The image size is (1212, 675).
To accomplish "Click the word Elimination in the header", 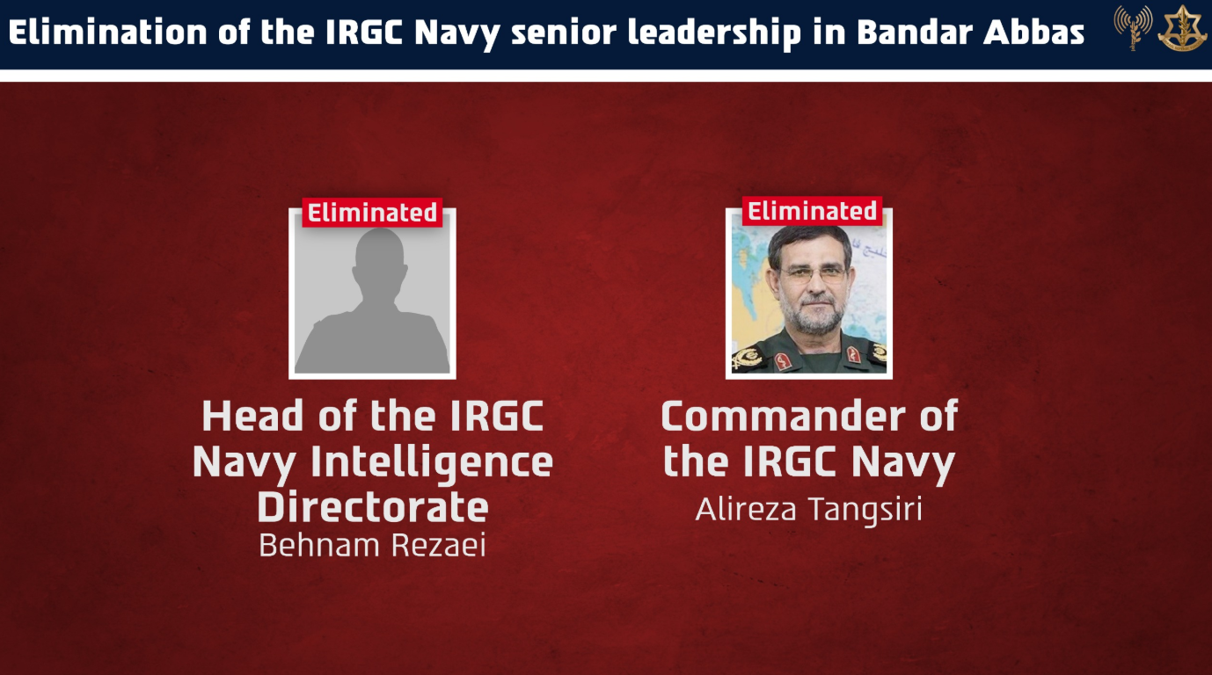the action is tap(107, 32).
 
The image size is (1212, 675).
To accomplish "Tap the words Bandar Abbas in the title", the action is tap(971, 32).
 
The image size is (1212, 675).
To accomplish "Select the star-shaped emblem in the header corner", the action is tap(1182, 28).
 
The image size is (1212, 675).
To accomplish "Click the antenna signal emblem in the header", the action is tap(1133, 27).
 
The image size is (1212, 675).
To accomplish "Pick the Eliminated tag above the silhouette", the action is tap(372, 213).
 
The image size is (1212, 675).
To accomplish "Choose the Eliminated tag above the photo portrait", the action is tap(812, 211).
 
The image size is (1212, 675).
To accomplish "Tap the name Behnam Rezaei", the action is tap(372, 545).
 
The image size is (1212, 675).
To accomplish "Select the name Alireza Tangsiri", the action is tap(809, 510).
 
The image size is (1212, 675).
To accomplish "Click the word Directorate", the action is tap(373, 507).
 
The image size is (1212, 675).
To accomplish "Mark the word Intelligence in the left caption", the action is tap(432, 463).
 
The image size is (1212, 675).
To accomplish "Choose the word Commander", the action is tap(784, 416).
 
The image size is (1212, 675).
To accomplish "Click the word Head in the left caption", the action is tap(252, 416).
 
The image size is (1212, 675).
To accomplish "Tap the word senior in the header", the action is tap(564, 33).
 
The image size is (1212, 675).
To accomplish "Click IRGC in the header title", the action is tap(364, 32).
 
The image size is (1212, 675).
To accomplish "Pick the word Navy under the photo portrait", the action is tap(903, 463).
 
